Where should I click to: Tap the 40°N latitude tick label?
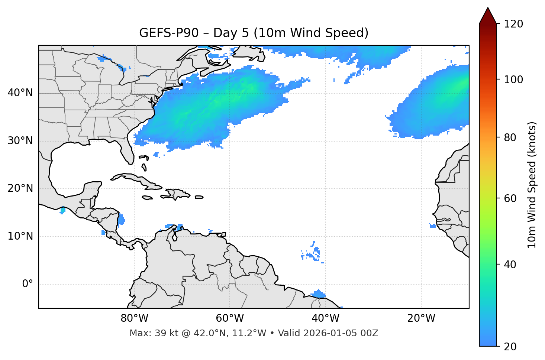(20, 93)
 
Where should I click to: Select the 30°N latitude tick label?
(20, 141)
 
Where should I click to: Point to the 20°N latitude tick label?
(20, 188)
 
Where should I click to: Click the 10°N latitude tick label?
(20, 236)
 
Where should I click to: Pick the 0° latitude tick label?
(28, 284)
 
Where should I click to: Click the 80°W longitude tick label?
(134, 318)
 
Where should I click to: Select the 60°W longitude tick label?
(230, 318)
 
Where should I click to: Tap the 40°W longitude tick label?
(325, 318)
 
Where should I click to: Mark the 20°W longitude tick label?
(421, 318)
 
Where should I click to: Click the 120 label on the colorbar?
(513, 24)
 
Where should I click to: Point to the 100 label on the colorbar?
(513, 80)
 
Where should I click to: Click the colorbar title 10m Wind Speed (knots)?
(532, 185)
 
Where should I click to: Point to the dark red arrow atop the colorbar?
(487, 16)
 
